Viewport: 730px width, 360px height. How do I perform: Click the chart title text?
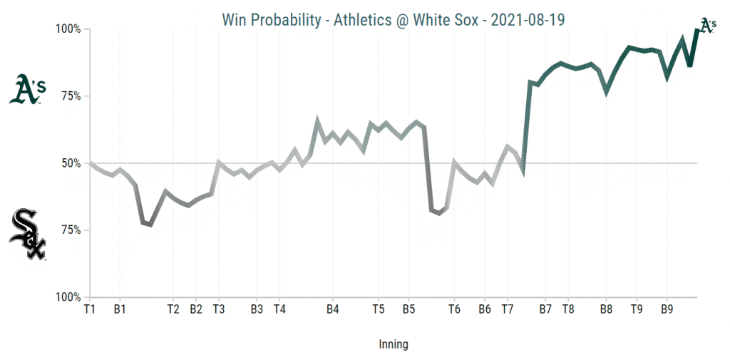pos(393,20)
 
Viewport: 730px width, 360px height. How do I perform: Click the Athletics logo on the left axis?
pos(28,91)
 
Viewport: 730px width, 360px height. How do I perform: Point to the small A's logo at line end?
pos(706,26)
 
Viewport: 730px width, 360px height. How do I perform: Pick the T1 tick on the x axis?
pos(89,309)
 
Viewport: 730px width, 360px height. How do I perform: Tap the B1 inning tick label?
pos(120,309)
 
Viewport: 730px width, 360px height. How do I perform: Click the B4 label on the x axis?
pos(332,309)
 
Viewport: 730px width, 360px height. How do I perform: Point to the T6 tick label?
pos(454,309)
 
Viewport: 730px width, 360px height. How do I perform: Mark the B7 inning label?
pos(545,309)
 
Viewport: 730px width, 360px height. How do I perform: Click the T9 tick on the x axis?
pos(637,309)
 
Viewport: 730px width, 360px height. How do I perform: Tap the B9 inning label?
pos(667,309)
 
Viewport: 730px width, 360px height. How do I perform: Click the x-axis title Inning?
pos(393,344)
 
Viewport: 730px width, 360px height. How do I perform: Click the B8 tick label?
pos(606,309)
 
